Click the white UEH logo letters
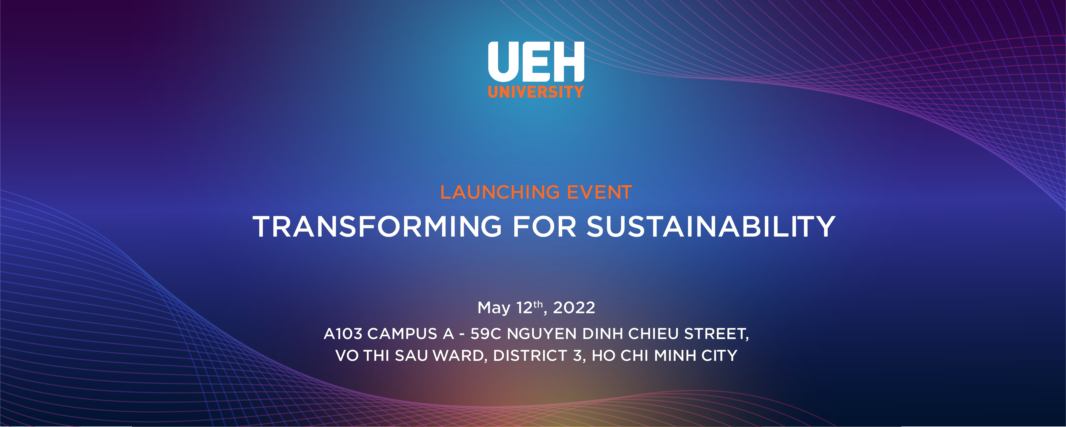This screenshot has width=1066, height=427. click(x=536, y=62)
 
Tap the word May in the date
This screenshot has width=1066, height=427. click(x=494, y=308)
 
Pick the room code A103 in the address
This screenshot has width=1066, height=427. click(x=343, y=334)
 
